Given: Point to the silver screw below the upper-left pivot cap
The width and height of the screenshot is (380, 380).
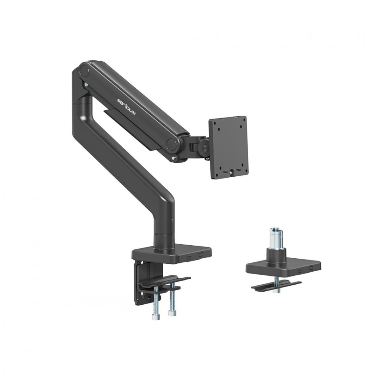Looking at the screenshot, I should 86,85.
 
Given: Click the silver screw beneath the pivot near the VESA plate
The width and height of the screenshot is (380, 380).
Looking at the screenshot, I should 174,157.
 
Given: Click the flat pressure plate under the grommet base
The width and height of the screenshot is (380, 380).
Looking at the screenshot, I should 276,286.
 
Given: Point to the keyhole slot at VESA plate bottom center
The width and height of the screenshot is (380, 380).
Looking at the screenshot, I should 233,171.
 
